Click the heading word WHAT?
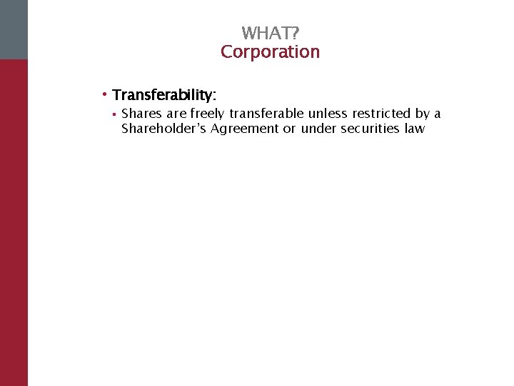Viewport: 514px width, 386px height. tap(270, 34)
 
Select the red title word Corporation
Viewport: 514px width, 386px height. tap(270, 52)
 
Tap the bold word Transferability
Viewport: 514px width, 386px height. tap(163, 95)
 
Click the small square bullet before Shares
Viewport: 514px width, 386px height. tap(114, 114)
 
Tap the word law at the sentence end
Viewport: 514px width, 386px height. tap(415, 129)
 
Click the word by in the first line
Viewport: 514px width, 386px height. tap(423, 114)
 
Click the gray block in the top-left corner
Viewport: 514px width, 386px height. tap(14, 29)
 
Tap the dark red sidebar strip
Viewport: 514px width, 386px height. tap(14, 222)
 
